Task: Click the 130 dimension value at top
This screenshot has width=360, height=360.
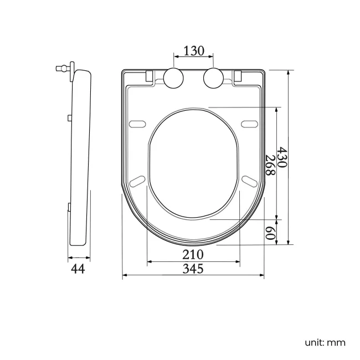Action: coord(194,50)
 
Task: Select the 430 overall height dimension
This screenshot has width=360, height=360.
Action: coord(282,158)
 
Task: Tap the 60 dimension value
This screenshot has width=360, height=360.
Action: coord(270,233)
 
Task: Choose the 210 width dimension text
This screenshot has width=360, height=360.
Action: coord(193,255)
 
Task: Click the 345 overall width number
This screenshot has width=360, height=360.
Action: coord(193,269)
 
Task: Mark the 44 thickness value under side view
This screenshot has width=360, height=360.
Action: coord(78,269)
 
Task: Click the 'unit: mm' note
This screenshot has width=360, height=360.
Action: coord(325,342)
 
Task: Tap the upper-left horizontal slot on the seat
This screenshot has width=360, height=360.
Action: coord(137,122)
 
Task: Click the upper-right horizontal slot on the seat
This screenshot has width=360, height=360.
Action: coord(249,122)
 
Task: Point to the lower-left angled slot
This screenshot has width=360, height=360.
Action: coord(137,181)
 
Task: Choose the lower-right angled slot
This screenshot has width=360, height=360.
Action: coord(249,181)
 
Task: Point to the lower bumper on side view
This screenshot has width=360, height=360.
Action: coord(68,207)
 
